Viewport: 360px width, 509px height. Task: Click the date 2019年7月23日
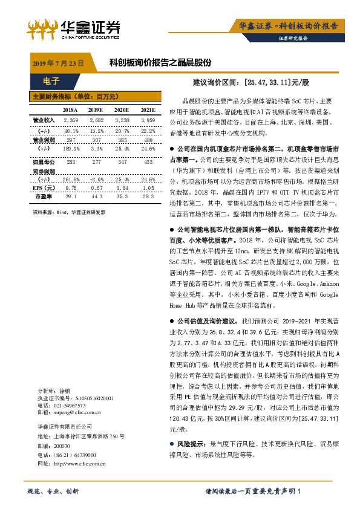[x=57, y=63]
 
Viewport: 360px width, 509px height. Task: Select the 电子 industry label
[x=52, y=81]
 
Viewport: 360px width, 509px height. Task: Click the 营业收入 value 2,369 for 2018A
[x=71, y=121]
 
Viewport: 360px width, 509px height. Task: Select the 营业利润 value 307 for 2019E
[x=97, y=140]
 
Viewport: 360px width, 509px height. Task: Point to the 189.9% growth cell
[x=71, y=149]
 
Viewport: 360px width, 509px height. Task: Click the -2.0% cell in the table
[x=97, y=180]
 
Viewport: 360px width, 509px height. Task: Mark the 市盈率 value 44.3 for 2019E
[x=97, y=196]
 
